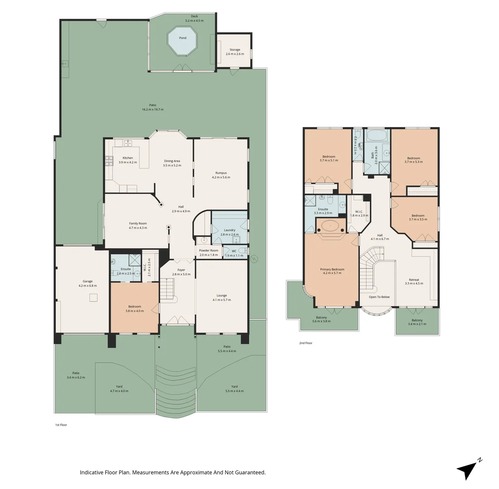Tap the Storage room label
(235, 50)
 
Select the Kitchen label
(128, 158)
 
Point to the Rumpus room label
(221, 173)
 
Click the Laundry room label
(229, 230)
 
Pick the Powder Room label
(209, 250)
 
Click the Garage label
(87, 281)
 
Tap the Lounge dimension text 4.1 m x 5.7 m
(221, 300)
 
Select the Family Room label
(138, 223)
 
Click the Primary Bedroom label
(332, 269)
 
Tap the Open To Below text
(379, 297)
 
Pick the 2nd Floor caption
(306, 343)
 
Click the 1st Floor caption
(61, 425)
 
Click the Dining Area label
(172, 161)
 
